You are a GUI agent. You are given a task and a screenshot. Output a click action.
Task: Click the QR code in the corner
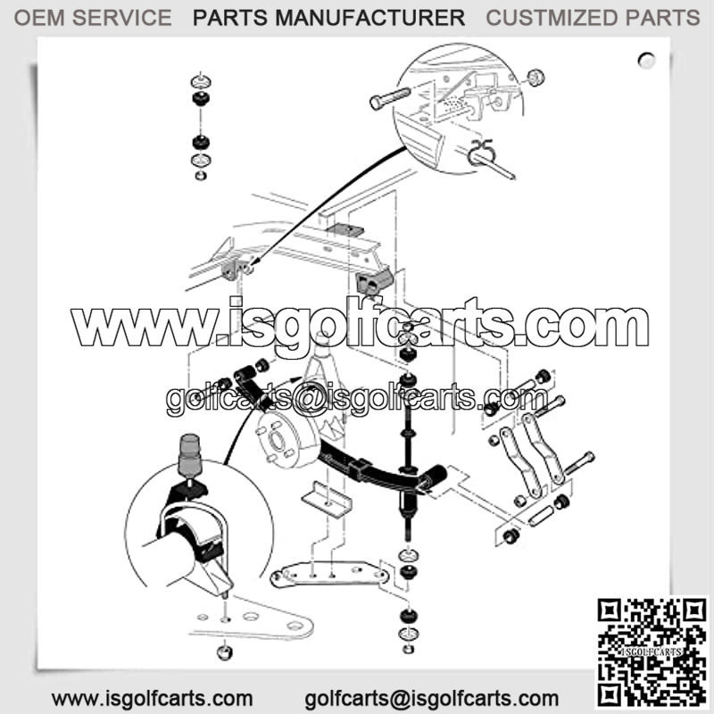[x=652, y=652]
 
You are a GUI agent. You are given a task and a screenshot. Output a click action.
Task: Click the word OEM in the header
[x=39, y=18]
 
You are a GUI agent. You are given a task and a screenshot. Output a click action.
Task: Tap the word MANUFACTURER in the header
[x=369, y=18]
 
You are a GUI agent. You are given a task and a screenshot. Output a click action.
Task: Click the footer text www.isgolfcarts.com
[x=152, y=699]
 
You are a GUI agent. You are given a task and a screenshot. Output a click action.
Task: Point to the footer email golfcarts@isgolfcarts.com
[x=432, y=699]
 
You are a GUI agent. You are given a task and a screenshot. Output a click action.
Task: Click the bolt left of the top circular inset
[x=390, y=98]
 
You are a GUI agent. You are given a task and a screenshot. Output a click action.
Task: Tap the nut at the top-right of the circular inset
[x=535, y=78]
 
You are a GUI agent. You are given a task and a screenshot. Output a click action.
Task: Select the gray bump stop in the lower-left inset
[x=190, y=453]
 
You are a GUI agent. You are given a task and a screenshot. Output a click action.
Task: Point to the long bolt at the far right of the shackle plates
[x=578, y=463]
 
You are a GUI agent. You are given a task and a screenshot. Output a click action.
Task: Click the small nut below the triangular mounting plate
[x=225, y=652]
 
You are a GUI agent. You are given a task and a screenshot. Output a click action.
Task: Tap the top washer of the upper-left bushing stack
[x=200, y=81]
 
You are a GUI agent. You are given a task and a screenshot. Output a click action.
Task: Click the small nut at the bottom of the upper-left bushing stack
[x=200, y=175]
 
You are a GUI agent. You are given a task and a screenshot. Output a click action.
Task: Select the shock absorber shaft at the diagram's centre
[x=408, y=455]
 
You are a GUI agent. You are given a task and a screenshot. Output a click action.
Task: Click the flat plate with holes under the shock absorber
[x=328, y=575]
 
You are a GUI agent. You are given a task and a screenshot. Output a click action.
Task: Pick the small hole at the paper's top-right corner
[x=646, y=60]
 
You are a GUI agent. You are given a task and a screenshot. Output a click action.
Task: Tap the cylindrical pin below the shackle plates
[x=542, y=517]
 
